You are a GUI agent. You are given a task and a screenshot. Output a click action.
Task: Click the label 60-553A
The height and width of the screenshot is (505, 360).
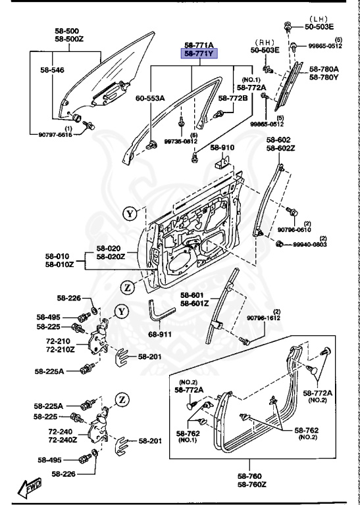pyautogui.click(x=150, y=98)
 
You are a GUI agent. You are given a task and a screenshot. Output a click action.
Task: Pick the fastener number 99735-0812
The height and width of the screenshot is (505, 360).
pyautogui.click(x=180, y=141)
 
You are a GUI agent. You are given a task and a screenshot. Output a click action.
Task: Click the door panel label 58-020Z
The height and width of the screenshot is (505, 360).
pyautogui.click(x=109, y=256)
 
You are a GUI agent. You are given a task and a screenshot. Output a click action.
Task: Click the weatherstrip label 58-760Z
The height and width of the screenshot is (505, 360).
pyautogui.click(x=249, y=485)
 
